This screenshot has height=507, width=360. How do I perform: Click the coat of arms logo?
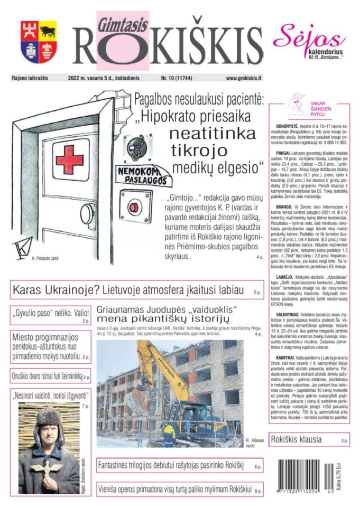[x=39, y=42]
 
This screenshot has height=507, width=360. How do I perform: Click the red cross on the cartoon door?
[x=69, y=159]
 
